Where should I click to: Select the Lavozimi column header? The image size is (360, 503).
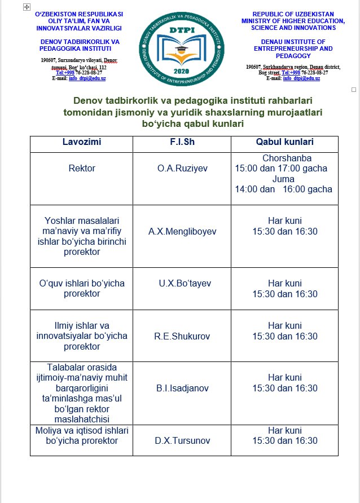82,142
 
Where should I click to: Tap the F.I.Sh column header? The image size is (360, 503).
182,142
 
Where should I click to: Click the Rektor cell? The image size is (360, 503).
82,168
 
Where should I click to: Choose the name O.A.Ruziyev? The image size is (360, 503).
182,168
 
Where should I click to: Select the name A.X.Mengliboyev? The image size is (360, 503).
182,231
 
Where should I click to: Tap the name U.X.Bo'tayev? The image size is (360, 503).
182,284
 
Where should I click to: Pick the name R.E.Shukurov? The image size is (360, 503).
182,337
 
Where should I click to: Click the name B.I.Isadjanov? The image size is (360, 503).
182,389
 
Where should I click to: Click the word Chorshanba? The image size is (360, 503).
287,158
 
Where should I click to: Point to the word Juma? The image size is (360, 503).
283,179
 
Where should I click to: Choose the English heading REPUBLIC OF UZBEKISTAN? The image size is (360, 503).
293,14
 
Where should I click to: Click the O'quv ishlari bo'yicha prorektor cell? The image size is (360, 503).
82,289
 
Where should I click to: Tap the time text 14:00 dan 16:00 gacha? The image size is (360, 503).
284,189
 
